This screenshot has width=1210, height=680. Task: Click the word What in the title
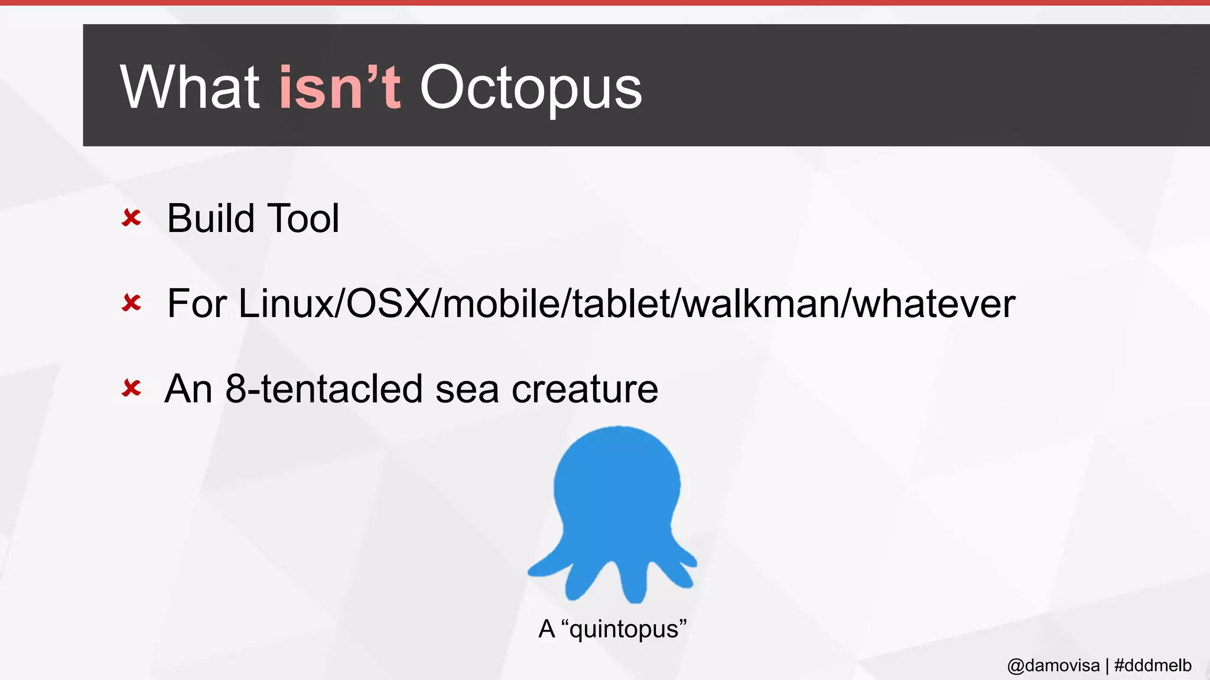[190, 87]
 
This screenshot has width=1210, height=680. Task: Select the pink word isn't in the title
[340, 87]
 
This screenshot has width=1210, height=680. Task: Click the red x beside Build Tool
[131, 218]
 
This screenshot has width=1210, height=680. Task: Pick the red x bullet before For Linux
[131, 303]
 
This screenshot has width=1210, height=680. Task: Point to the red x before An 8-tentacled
[131, 388]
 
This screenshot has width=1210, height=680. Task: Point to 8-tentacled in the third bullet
[324, 389]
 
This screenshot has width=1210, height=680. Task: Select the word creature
[584, 389]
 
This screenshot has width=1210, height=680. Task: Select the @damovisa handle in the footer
[1053, 666]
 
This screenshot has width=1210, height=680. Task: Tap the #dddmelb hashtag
[1153, 666]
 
